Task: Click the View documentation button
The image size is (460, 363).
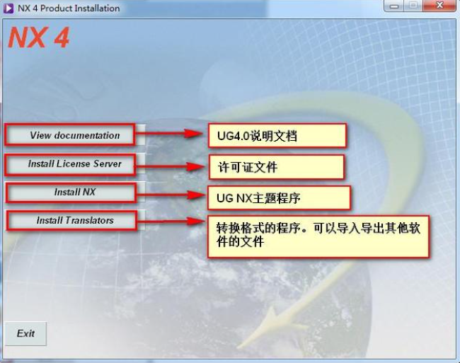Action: pyautogui.click(x=75, y=135)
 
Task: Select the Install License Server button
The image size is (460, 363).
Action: pyautogui.click(x=75, y=164)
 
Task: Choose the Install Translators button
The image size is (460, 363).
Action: pyautogui.click(x=75, y=221)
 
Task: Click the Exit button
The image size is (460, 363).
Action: pyautogui.click(x=26, y=333)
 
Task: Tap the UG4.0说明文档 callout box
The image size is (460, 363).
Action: pyautogui.click(x=277, y=136)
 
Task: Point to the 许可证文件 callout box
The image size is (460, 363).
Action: pyautogui.click(x=276, y=167)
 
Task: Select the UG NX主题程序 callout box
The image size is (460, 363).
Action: pyautogui.click(x=279, y=197)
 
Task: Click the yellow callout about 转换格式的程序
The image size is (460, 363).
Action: pyautogui.click(x=318, y=236)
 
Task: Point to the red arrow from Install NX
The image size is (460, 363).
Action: pyautogui.click(x=170, y=193)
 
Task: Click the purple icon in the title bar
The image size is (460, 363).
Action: pyautogui.click(x=8, y=8)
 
